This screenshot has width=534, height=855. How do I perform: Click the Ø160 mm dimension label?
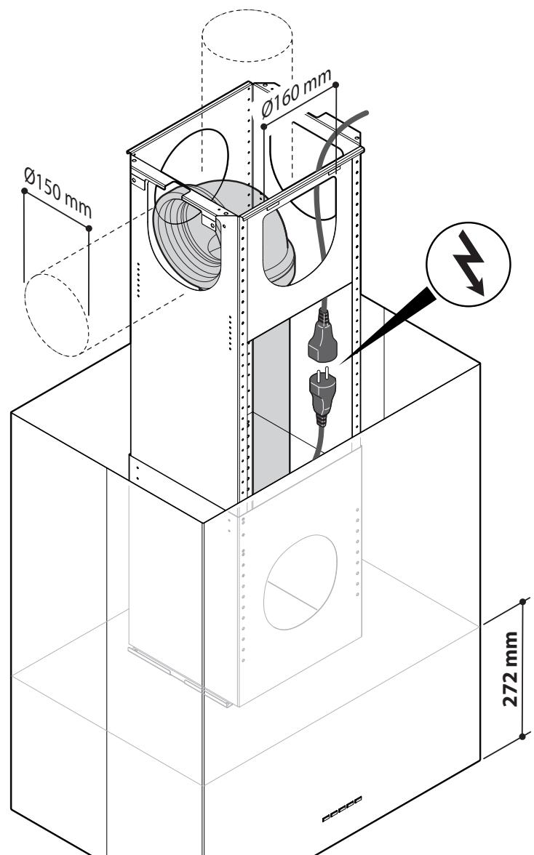(x=296, y=93)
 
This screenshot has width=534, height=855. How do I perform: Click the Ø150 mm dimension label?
(x=57, y=192)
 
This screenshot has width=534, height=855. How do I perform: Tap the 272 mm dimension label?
(x=510, y=669)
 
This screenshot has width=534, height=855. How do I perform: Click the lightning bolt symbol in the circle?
(x=469, y=263)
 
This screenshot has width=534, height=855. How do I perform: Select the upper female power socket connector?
(x=322, y=336)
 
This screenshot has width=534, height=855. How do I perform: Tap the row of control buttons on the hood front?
(x=341, y=809)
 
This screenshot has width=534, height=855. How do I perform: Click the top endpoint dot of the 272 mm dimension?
(x=522, y=601)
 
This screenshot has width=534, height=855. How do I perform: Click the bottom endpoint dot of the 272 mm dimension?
(x=522, y=736)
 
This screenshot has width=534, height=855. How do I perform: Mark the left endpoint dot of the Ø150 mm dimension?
(x=24, y=190)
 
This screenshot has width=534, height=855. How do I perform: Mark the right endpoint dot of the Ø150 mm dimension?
(x=89, y=228)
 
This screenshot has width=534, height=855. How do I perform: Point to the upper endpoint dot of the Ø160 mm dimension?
(x=335, y=84)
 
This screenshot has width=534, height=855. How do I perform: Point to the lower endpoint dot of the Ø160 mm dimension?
(x=263, y=127)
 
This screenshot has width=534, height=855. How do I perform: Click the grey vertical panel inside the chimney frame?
(x=271, y=404)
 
